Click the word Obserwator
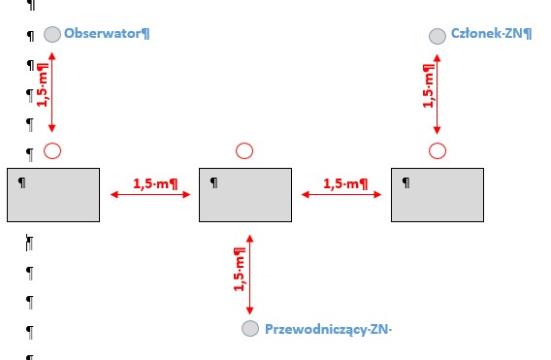click(102, 33)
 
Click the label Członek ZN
click(487, 33)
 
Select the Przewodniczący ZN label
click(328, 329)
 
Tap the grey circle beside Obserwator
click(52, 35)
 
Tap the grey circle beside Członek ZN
click(438, 36)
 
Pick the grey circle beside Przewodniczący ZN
click(250, 328)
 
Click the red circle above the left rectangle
click(52, 150)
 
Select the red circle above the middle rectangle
click(244, 150)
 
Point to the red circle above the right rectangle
click(438, 150)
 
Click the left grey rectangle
click(53, 195)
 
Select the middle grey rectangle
click(245, 195)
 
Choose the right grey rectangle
click(438, 195)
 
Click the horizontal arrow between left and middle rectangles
click(150, 194)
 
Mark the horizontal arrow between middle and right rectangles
click(341, 194)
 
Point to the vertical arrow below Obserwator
click(52, 92)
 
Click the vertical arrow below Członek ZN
click(438, 94)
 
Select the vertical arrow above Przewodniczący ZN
click(250, 275)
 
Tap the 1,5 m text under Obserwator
click(43, 84)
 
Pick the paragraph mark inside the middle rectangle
click(213, 182)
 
